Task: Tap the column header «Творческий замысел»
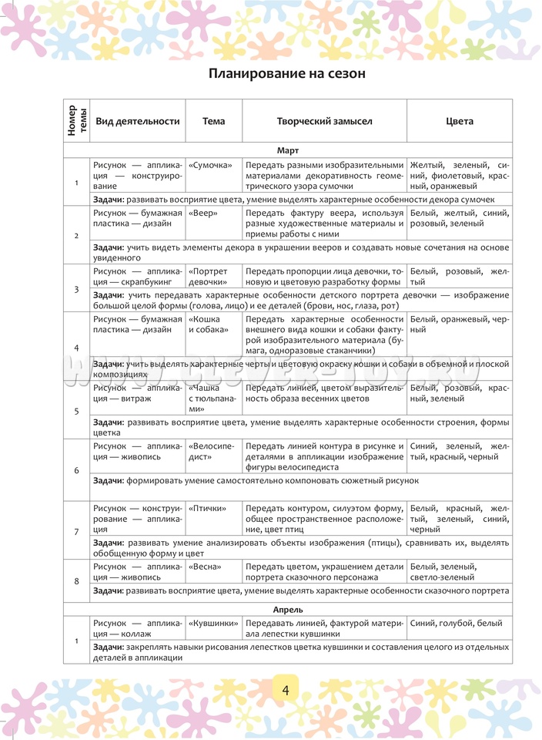pos(324,121)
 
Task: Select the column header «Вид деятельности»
pos(137,121)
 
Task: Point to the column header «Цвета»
pos(460,121)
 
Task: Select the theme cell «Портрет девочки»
pos(208,276)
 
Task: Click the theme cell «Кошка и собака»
pos(208,324)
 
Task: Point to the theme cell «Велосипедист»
pos(211,451)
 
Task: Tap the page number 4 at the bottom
pos(285,688)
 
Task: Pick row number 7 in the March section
pos(76,532)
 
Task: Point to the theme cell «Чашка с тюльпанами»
pos(208,399)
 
